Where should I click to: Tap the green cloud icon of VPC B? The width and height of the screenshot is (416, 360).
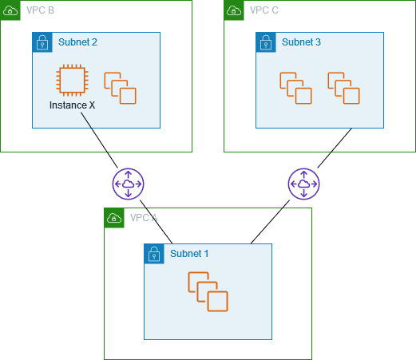tap(10, 10)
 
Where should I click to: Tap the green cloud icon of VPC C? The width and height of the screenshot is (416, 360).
tap(234, 10)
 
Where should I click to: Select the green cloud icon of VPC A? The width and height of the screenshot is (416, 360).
tap(114, 218)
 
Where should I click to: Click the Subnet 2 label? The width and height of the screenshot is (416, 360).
tap(78, 42)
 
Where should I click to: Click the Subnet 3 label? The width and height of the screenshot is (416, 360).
tap(302, 42)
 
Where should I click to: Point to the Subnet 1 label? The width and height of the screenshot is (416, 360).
tap(189, 254)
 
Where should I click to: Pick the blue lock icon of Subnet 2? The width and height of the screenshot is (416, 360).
tap(42, 42)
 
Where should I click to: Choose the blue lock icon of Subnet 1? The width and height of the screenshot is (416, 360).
tap(154, 254)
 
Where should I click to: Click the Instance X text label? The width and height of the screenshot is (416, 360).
tap(72, 105)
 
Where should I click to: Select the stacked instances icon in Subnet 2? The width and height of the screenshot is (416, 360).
tap(120, 88)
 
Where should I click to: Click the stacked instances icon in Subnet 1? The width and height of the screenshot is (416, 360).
tap(208, 291)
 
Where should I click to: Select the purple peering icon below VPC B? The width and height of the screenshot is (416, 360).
tap(128, 184)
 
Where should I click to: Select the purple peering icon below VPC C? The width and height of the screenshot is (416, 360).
tap(303, 184)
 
